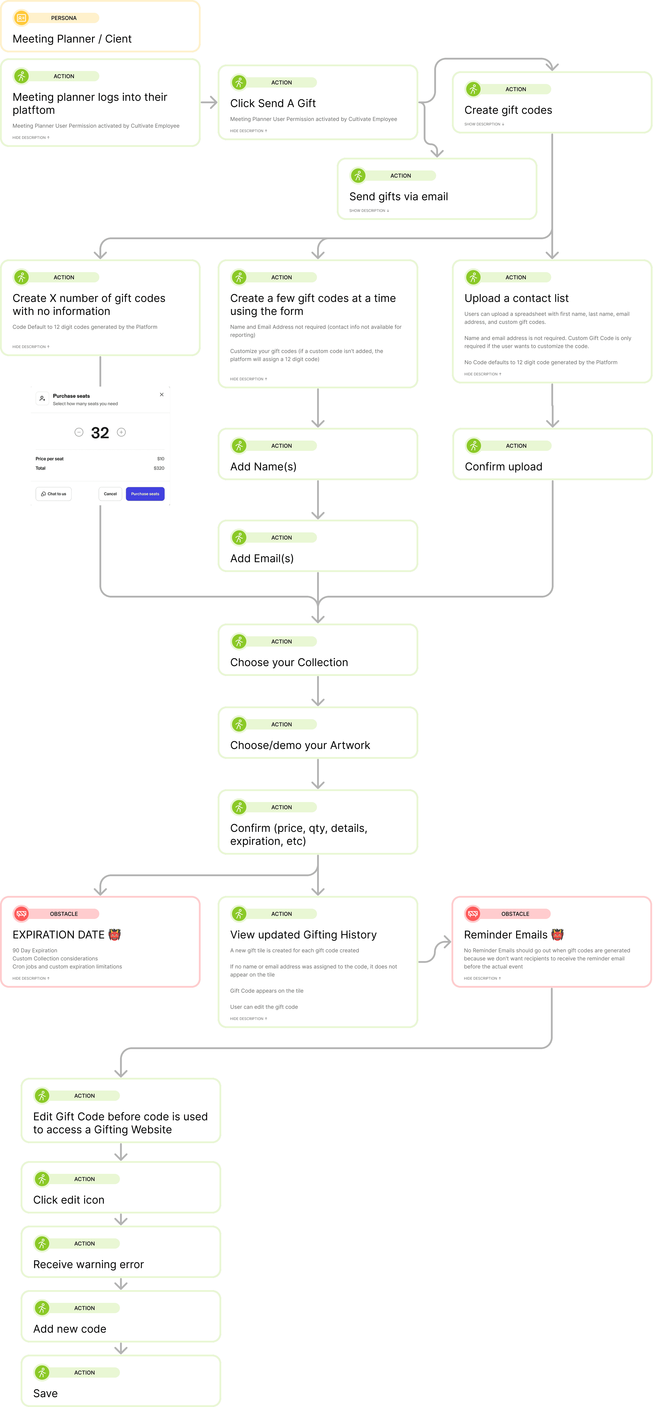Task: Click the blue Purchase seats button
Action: (145, 494)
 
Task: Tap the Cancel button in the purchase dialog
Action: (110, 494)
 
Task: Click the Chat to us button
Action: (54, 494)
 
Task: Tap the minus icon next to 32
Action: (79, 432)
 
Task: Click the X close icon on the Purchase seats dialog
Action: (162, 394)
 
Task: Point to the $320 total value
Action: (159, 468)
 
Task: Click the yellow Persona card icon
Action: (21, 18)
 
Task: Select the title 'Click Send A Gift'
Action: (273, 103)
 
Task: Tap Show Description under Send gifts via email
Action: (369, 210)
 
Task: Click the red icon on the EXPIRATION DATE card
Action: (21, 914)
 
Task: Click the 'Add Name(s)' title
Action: (263, 467)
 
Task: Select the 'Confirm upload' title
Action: (503, 467)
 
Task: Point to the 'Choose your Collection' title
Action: (289, 663)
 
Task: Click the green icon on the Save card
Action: (42, 1373)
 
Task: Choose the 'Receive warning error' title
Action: (88, 1265)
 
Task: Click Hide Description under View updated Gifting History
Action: (248, 1019)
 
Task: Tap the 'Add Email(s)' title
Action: (262, 558)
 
